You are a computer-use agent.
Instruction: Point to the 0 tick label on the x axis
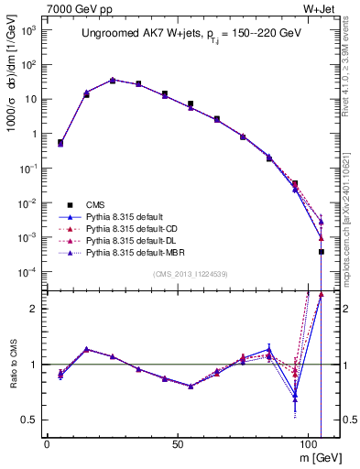click(47, 442)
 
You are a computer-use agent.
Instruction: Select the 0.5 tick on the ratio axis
click(30, 420)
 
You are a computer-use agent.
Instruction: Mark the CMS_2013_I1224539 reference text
click(193, 274)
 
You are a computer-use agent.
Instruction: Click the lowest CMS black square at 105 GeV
click(322, 252)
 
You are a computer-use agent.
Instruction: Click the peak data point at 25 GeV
click(113, 80)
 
